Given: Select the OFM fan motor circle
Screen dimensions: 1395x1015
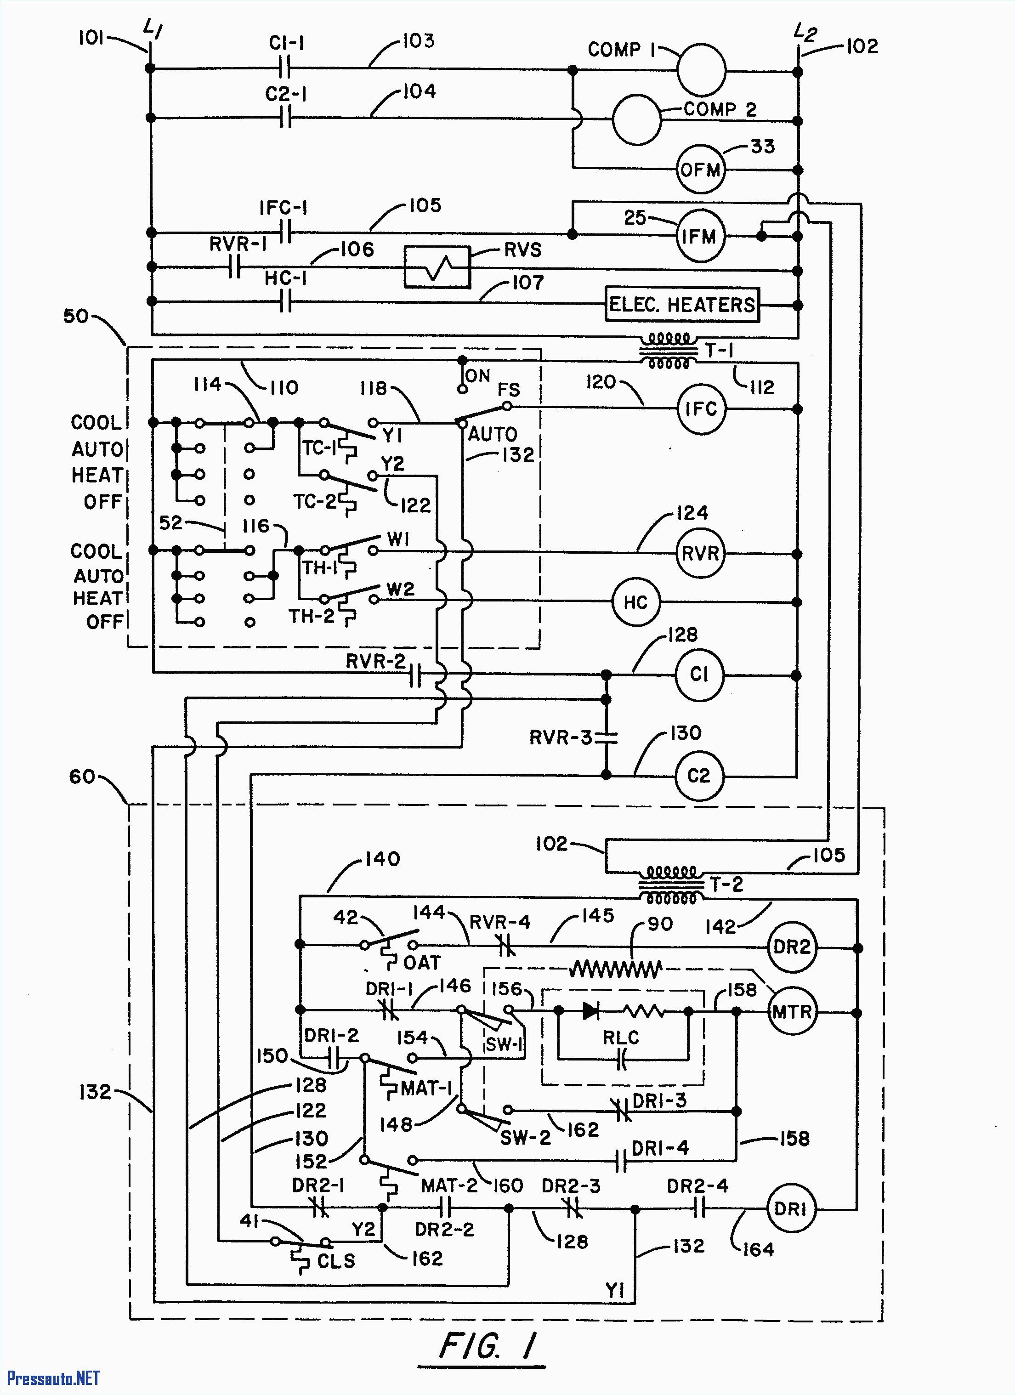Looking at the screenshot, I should tap(700, 170).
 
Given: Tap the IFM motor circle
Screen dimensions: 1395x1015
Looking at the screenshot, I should tap(700, 236).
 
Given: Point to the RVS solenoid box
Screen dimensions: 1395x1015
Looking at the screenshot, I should tap(437, 267).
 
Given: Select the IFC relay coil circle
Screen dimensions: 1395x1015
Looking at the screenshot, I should tap(701, 409).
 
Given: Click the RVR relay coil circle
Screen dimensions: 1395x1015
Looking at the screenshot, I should tap(700, 553).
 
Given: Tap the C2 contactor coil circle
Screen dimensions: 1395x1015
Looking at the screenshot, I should tap(699, 776).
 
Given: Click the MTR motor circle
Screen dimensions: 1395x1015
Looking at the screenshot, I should tap(792, 1012).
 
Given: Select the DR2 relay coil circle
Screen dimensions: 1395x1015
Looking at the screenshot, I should tap(792, 947).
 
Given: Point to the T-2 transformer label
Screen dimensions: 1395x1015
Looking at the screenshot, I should tap(727, 885).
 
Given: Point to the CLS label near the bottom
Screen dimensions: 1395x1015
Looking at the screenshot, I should tap(336, 1261).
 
